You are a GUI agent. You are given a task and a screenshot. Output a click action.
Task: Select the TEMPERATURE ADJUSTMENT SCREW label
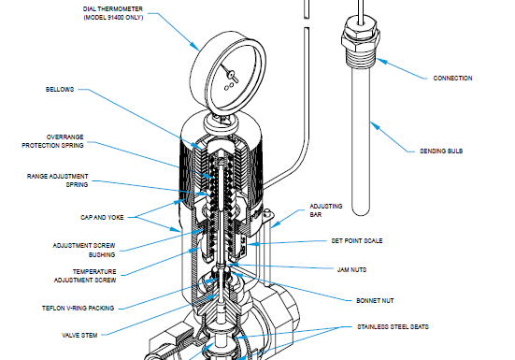75,277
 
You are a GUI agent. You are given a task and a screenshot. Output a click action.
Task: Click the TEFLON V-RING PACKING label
79,307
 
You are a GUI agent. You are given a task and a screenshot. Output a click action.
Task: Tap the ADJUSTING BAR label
326,209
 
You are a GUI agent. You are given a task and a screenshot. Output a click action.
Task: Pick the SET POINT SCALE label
356,240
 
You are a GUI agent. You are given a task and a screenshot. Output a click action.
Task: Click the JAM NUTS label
351,269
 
